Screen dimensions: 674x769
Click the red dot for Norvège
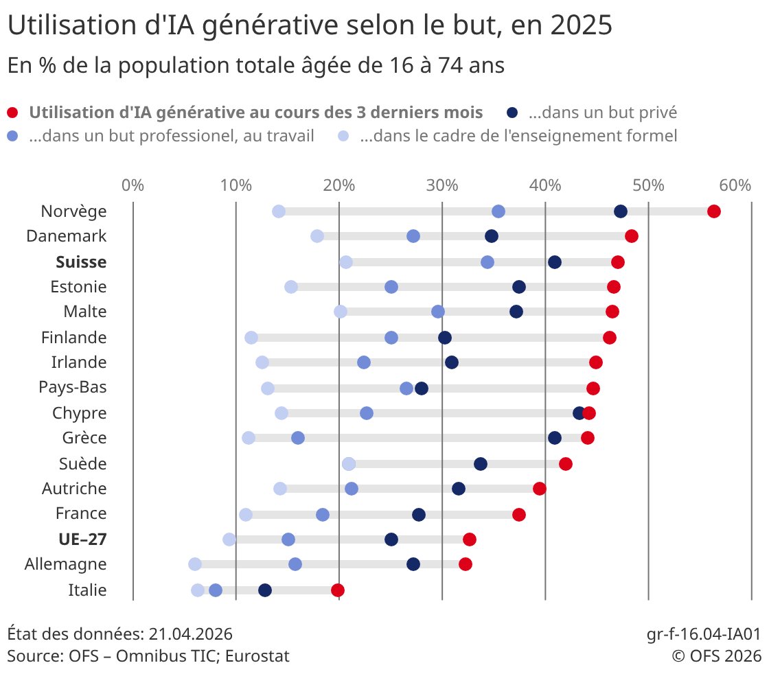pos(714,211)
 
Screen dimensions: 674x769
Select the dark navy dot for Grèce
pos(555,438)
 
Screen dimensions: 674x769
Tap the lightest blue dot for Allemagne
pos(195,564)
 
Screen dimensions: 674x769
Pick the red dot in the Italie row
pos(337,590)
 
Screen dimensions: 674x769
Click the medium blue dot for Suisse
pos(487,262)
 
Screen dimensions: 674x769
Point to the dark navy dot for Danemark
pos(492,236)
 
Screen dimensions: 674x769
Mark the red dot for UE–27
pos(470,539)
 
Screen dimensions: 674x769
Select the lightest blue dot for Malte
pos(341,312)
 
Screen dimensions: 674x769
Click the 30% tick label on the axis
pos(442,185)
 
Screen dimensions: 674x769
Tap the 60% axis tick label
pos(735,185)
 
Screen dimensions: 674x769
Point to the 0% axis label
pos(133,185)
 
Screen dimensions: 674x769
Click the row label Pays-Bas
pos(73,388)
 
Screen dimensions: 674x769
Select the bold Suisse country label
pos(81,262)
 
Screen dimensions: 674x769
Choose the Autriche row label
pos(74,489)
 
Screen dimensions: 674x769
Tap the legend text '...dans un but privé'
pos(603,113)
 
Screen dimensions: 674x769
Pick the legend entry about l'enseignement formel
pos(518,136)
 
